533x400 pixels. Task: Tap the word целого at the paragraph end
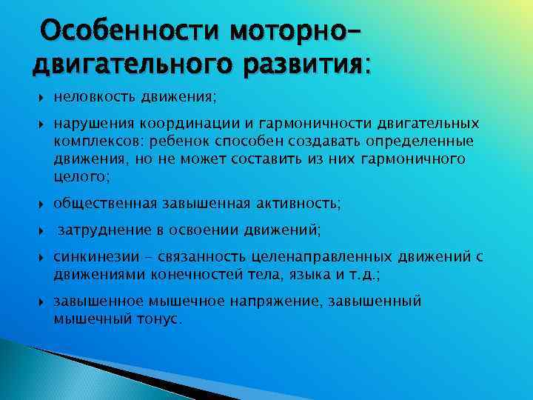pos(79,176)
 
